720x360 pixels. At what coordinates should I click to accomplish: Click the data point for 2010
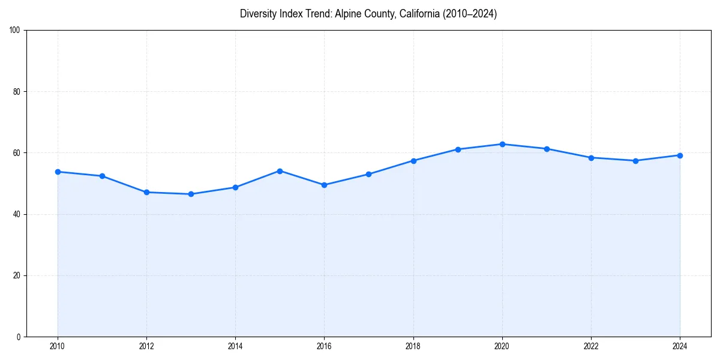[58, 172]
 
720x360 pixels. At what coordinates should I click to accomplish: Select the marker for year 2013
[191, 194]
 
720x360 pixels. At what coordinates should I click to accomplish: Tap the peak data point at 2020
[502, 144]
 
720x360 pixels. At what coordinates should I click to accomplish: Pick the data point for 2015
[280, 171]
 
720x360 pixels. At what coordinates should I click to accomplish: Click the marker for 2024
[680, 155]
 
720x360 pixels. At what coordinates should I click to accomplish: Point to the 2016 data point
[324, 185]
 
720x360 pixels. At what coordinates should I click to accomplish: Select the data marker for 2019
[458, 149]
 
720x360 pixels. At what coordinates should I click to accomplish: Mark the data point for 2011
[102, 176]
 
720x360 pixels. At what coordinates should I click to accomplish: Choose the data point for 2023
[635, 161]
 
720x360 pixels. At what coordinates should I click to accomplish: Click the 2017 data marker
[368, 174]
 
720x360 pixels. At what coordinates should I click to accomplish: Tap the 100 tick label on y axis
[15, 31]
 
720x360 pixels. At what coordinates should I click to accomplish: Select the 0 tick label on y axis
[19, 337]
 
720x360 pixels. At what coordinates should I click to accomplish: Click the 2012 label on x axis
[146, 346]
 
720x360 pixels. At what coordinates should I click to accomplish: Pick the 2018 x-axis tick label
[413, 346]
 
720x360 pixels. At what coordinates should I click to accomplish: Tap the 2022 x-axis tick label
[591, 346]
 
